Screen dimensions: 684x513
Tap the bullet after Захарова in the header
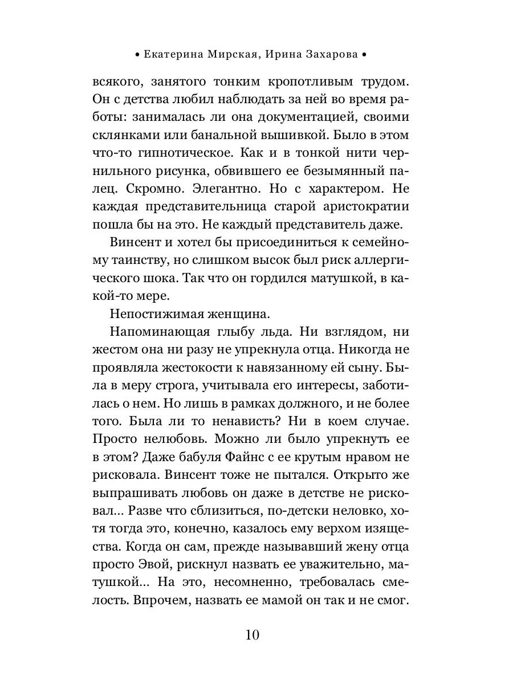(364, 56)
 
